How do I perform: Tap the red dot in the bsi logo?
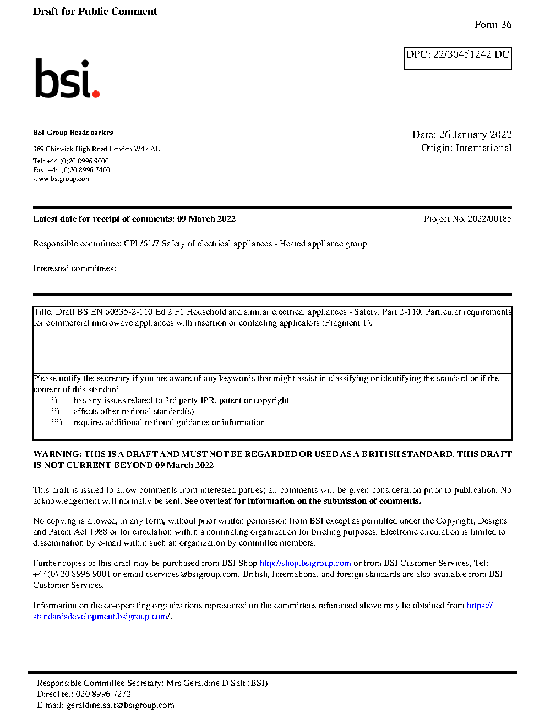96,94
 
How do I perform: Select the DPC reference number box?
457,58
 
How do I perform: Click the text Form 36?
493,25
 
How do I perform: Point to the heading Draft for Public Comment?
95,12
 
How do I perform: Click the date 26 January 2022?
475,135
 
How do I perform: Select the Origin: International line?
466,148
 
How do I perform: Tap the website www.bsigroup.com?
62,179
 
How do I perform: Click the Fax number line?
71,170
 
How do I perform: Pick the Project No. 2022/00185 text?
467,219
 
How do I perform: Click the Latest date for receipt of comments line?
134,219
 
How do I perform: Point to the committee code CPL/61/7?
141,244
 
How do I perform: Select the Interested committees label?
74,268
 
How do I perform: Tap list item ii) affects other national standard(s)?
133,411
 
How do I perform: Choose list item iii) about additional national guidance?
168,422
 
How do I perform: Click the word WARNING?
57,454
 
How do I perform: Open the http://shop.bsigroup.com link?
305,563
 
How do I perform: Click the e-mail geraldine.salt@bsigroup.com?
120,705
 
